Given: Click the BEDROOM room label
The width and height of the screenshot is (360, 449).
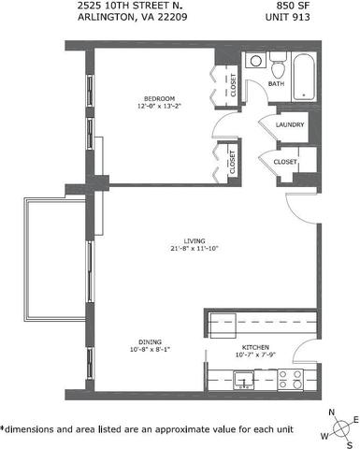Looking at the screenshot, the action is (x=159, y=98).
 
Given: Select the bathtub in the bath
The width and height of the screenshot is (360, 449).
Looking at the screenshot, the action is (x=304, y=77).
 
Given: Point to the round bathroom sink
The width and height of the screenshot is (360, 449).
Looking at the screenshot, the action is (x=256, y=61).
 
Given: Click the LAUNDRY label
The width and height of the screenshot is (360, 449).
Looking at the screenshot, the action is (x=290, y=124).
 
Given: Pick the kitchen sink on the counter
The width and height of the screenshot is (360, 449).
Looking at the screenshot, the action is (x=244, y=380).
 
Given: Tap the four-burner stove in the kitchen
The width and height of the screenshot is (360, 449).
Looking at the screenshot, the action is (x=290, y=379).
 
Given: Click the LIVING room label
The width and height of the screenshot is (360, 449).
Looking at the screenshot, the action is (x=194, y=241).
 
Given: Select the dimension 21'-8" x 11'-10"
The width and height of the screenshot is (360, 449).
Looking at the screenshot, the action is (x=194, y=249).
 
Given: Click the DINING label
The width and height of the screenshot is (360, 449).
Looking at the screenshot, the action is (x=150, y=342).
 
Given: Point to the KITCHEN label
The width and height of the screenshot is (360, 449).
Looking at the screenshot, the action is (x=255, y=347).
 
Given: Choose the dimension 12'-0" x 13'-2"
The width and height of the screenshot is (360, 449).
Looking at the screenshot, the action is (x=159, y=106).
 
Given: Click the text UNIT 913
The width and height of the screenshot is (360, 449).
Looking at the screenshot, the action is (x=287, y=17).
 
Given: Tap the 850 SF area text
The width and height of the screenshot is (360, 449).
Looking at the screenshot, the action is (x=293, y=6).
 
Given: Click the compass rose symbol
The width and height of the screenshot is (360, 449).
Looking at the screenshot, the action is (x=340, y=428).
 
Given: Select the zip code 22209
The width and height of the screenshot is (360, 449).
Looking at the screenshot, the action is (x=172, y=17).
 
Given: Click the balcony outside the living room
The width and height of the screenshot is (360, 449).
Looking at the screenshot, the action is (x=55, y=260).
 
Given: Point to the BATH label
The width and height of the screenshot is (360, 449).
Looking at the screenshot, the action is (x=276, y=83).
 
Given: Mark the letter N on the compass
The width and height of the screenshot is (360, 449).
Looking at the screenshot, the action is (x=332, y=413).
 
